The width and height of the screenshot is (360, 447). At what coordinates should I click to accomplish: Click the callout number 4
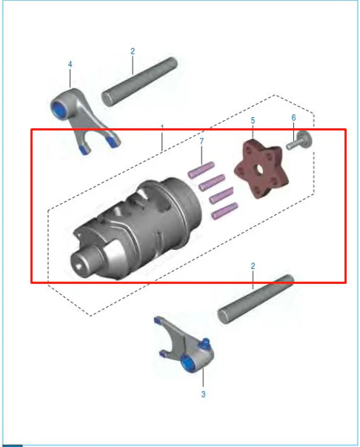70,64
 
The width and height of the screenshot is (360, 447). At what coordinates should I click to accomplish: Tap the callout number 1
162,128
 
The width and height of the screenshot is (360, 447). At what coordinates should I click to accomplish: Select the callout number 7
201,141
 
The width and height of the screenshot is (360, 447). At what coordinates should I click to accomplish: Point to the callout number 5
253,121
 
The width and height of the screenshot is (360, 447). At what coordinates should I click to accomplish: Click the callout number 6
293,118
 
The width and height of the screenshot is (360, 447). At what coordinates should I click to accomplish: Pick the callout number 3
203,394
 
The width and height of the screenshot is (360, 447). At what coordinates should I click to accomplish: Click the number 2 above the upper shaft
133,51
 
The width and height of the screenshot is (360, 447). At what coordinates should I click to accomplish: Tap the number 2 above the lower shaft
253,266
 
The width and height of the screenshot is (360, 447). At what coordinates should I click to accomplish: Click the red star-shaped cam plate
261,169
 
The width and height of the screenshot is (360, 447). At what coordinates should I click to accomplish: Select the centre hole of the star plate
260,169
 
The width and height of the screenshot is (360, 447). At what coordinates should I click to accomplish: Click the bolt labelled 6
299,141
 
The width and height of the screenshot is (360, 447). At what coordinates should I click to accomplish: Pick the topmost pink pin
201,170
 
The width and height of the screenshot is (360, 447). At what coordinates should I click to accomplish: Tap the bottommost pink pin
224,211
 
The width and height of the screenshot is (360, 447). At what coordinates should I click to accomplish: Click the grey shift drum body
137,228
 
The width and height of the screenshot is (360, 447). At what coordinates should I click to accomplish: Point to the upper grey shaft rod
139,82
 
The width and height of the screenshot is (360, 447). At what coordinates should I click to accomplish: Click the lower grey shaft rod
256,299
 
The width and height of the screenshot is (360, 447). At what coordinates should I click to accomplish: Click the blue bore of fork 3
187,364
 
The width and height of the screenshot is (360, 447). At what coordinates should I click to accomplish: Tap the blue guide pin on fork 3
205,343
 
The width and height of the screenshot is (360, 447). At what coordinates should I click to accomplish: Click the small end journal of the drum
84,262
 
